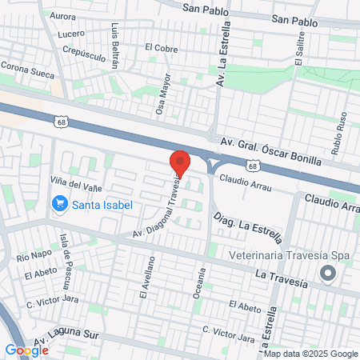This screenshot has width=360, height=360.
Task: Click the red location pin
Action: pos(180,164)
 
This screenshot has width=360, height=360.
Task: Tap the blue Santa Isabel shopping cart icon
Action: pos(58,204)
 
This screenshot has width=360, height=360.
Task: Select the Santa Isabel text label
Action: pos(102,204)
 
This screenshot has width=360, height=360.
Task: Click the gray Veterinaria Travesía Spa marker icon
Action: pos(327,274)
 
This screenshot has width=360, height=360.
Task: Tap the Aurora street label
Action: pos(62,16)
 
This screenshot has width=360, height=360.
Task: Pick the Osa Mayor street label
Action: pos(162,94)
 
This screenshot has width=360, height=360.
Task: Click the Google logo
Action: pos(26,350)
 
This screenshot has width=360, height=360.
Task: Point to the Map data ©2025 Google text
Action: pos(311,354)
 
